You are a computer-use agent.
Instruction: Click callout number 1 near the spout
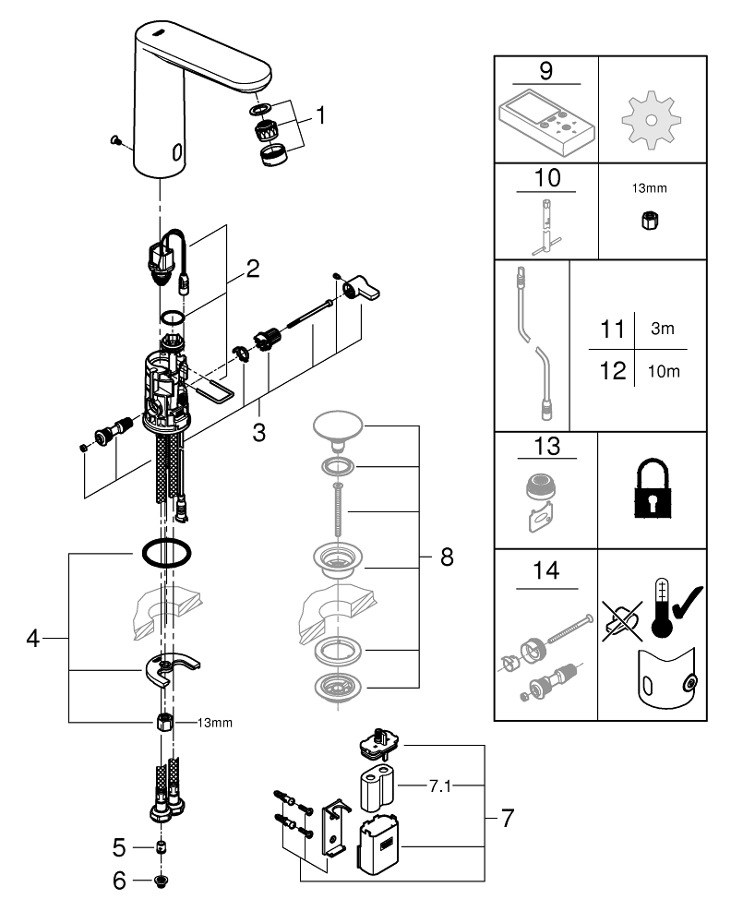pyautogui.click(x=320, y=116)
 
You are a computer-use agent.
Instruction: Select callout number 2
pyautogui.click(x=252, y=270)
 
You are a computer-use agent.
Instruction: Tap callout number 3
pyautogui.click(x=260, y=431)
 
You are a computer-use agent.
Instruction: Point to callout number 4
pyautogui.click(x=33, y=639)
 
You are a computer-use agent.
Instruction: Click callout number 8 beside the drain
pyautogui.click(x=447, y=557)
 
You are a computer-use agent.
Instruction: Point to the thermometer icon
pyautogui.click(x=657, y=607)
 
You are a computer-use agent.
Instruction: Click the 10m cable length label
pyautogui.click(x=663, y=371)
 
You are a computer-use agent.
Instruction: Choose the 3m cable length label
pyautogui.click(x=662, y=330)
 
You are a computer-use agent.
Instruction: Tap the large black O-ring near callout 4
pyautogui.click(x=165, y=554)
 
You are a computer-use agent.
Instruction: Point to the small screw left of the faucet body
pyautogui.click(x=115, y=140)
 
